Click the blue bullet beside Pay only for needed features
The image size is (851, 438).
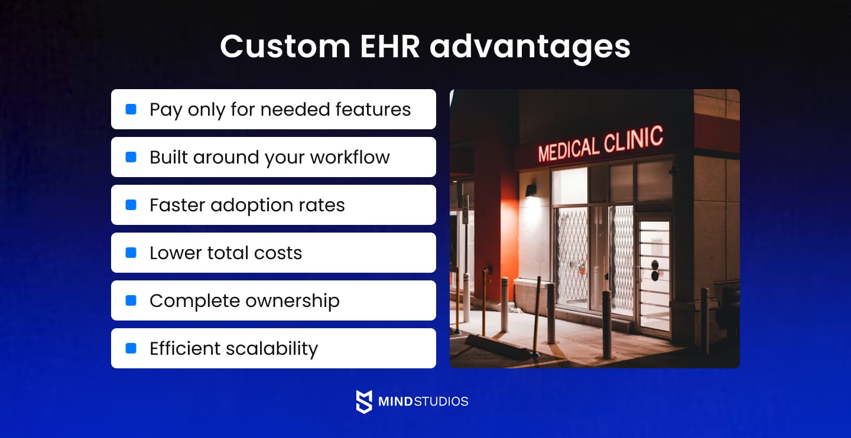[x=131, y=109]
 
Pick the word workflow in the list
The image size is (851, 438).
[x=350, y=157]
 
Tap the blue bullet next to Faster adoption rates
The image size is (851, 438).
[x=131, y=205]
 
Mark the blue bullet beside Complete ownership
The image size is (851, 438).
[x=131, y=300]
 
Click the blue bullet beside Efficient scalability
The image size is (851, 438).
[x=131, y=348]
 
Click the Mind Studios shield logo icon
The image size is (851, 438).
[x=364, y=401]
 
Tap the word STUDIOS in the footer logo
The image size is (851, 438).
[x=441, y=401]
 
